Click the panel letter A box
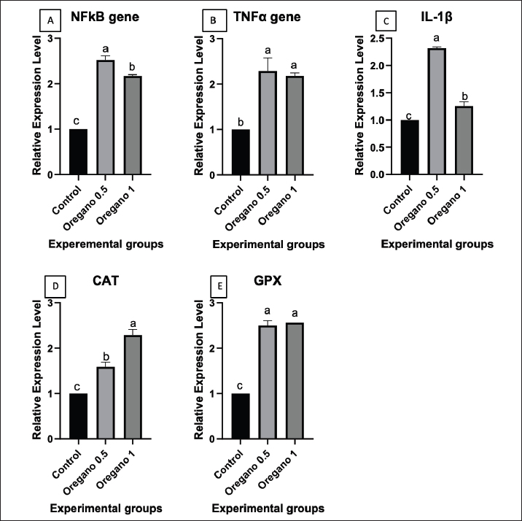click(50, 20)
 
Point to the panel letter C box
click(389, 20)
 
